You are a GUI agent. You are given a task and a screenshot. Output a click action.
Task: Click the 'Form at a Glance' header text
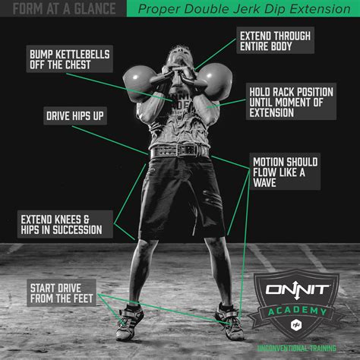[65, 8]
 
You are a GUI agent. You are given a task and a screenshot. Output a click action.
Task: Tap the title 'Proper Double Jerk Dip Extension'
[244, 9]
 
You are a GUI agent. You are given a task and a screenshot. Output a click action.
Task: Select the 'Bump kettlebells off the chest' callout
[70, 59]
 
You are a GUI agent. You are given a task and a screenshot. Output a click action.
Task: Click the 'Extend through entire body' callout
[275, 40]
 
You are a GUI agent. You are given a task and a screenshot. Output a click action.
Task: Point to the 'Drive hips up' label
[75, 116]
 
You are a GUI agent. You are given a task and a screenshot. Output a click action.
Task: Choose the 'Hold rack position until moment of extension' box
[291, 102]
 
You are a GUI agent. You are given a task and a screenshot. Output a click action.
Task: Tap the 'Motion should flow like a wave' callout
[285, 172]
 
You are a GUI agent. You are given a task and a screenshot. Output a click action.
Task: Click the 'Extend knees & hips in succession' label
[65, 224]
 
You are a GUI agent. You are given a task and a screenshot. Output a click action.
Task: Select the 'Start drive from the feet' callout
[62, 293]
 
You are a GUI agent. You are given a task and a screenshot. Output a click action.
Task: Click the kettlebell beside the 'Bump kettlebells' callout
[140, 84]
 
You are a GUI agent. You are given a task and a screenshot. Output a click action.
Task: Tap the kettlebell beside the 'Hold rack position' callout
[215, 81]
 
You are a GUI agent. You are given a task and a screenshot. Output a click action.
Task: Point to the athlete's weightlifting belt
[179, 151]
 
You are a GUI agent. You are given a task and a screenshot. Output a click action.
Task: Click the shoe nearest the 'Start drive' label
[129, 322]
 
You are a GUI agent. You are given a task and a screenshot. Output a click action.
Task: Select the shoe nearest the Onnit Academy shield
[230, 322]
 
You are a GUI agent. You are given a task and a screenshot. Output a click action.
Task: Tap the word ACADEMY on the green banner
[298, 311]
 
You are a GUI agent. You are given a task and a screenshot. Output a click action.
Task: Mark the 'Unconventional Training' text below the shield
[297, 349]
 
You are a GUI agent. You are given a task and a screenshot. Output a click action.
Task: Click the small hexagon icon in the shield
[295, 325]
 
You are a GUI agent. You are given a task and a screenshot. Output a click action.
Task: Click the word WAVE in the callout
[264, 183]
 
